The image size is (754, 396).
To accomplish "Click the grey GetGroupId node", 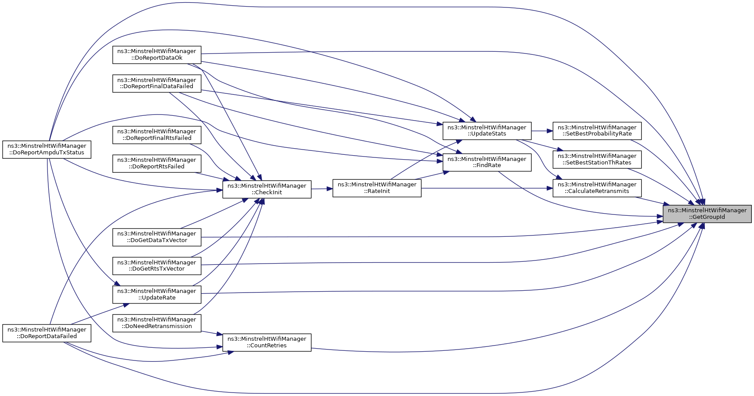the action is pyautogui.click(x=707, y=214).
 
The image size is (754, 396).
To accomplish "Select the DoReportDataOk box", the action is pyautogui.click(x=157, y=54).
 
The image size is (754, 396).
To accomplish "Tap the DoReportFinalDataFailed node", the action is pyautogui.click(x=157, y=83).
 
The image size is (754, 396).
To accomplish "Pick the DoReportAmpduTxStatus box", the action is pyautogui.click(x=47, y=149).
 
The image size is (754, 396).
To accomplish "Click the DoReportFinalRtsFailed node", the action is pyautogui.click(x=157, y=135).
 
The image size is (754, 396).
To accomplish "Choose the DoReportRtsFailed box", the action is pyautogui.click(x=157, y=163).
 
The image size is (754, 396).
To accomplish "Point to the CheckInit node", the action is pyautogui.click(x=267, y=189).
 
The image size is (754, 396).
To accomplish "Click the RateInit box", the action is pyautogui.click(x=377, y=188).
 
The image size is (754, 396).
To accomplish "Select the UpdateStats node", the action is pyautogui.click(x=487, y=131).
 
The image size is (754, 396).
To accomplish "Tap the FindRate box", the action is pyautogui.click(x=487, y=162).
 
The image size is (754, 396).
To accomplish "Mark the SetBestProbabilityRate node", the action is pyautogui.click(x=597, y=131).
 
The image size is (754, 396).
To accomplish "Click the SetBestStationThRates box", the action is pyautogui.click(x=597, y=159).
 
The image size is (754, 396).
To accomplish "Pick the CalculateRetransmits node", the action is pyautogui.click(x=597, y=188).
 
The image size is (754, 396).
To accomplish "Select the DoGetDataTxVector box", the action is pyautogui.click(x=157, y=237).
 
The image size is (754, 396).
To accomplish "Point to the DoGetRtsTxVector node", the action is pyautogui.click(x=157, y=266).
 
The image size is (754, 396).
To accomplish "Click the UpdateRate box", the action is pyautogui.click(x=157, y=294).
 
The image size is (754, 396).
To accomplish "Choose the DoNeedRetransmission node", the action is pyautogui.click(x=157, y=323).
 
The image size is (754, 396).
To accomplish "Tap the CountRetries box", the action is pyautogui.click(x=267, y=342).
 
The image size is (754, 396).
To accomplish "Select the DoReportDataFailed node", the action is pyautogui.click(x=47, y=333).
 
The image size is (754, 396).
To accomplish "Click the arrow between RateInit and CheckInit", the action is pyautogui.click(x=322, y=189).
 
